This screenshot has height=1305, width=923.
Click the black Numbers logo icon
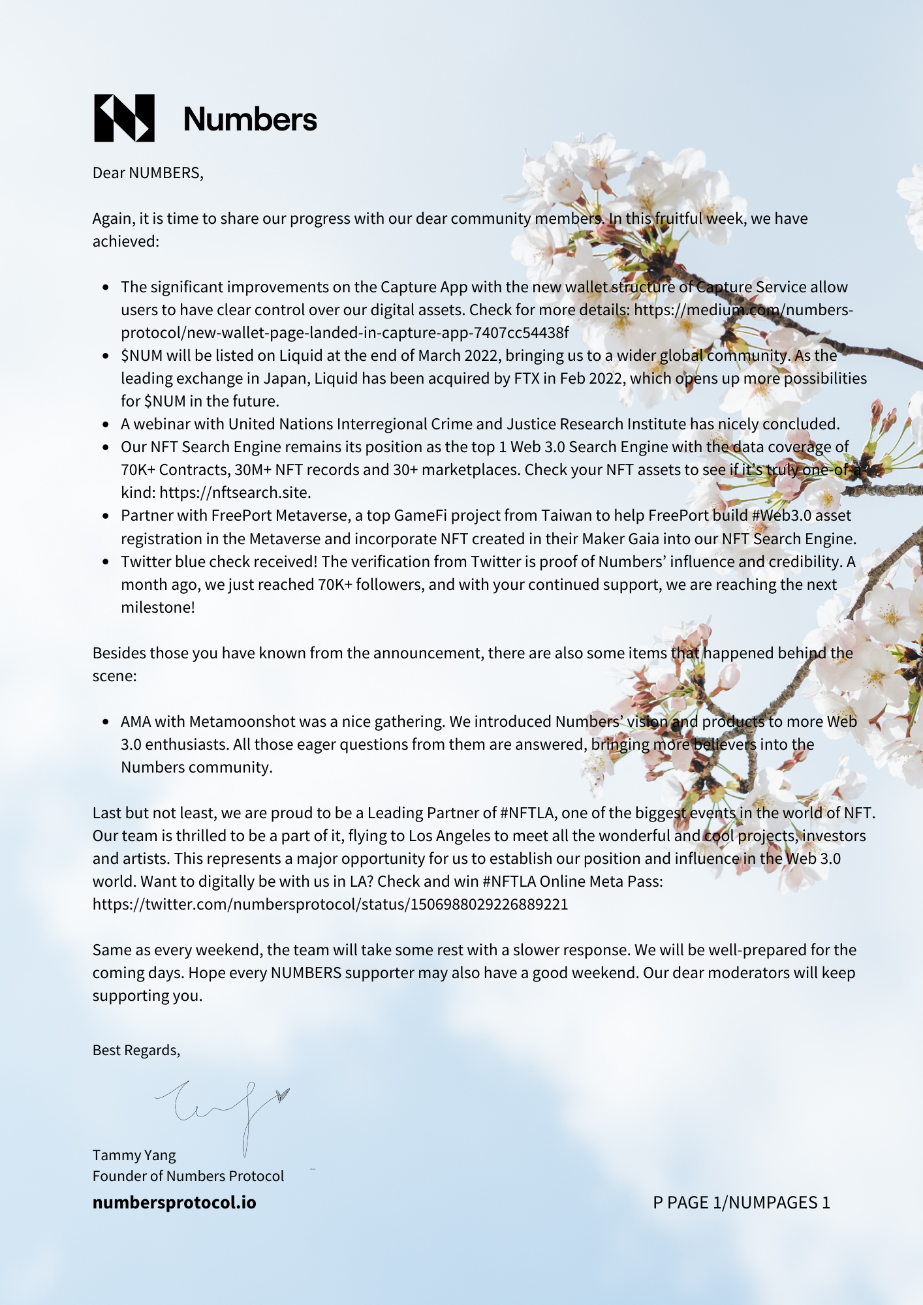click(125, 118)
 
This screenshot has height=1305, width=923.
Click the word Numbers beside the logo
click(250, 119)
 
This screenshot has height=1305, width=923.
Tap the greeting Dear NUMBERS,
click(148, 173)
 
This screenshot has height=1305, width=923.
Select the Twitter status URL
click(330, 904)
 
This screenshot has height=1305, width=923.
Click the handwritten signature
click(222, 1109)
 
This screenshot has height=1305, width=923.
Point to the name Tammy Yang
click(134, 1155)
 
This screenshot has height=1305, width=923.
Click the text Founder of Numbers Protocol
click(188, 1176)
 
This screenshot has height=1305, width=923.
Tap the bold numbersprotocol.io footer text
click(174, 1203)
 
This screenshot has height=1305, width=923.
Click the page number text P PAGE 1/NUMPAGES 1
click(742, 1203)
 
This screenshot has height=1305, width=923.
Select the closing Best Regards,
click(136, 1050)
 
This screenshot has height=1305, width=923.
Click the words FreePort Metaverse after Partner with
click(280, 515)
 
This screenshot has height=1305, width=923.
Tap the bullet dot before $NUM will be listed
click(106, 356)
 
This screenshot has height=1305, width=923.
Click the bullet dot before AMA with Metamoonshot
click(106, 722)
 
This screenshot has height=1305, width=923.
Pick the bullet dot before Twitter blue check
click(106, 562)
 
